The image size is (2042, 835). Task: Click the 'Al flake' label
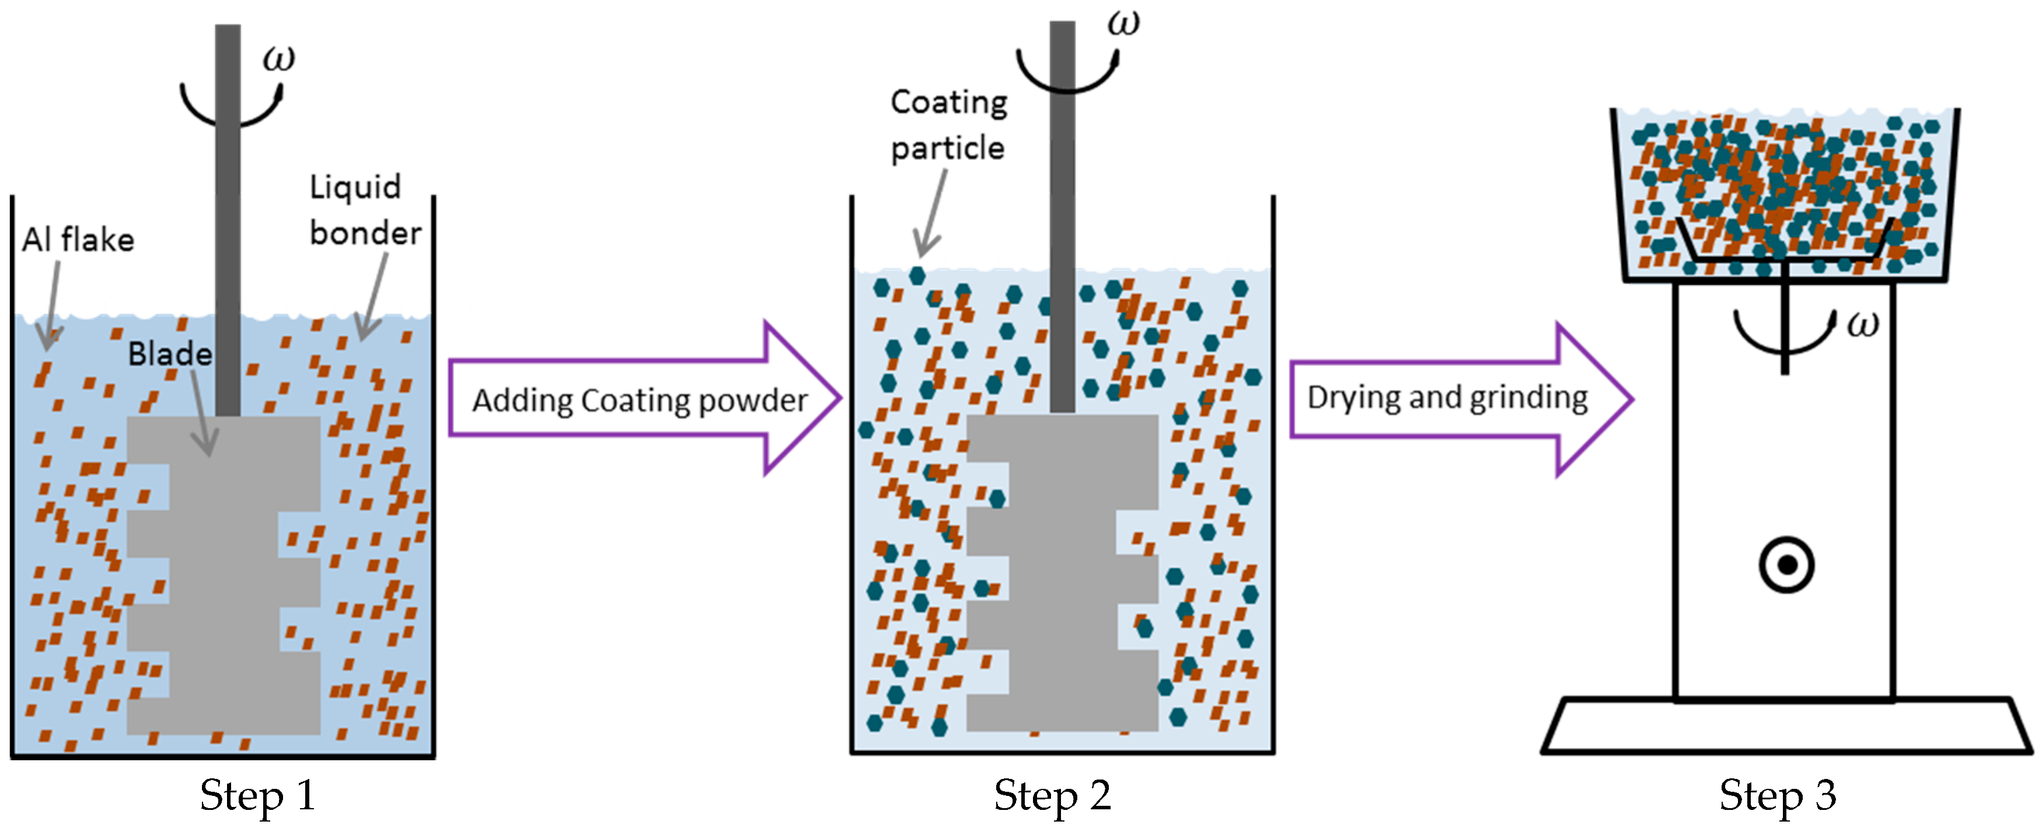point(78,239)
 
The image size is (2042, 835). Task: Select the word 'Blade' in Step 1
point(170,354)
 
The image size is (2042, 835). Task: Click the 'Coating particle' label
point(948,126)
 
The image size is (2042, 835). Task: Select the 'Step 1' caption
point(257,795)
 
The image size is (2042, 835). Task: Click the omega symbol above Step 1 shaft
point(278,58)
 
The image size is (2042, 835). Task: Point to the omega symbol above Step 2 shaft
point(1123,23)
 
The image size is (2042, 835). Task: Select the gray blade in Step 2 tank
point(1062,571)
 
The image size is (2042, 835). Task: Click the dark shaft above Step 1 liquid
point(228,199)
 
